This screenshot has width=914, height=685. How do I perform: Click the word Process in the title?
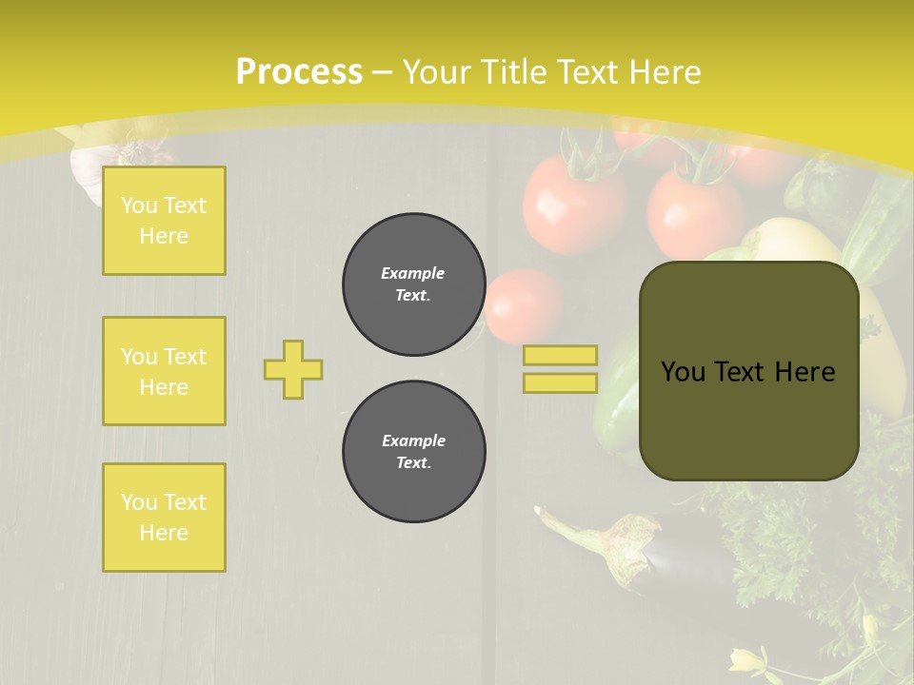299,72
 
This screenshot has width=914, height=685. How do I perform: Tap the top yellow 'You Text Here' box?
164,221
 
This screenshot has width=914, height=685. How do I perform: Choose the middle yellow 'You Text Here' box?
164,371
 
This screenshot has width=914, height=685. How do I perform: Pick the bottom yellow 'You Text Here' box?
164,518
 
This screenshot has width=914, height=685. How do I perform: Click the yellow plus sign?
293,369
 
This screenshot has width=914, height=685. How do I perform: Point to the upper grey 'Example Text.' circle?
413,284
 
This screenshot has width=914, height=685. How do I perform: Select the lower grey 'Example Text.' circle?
413,452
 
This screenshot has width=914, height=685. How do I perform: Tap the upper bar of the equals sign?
560,355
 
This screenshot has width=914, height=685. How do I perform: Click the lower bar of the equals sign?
560,382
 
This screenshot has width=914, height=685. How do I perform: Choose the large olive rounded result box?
748,419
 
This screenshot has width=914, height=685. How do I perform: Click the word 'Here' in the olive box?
805,372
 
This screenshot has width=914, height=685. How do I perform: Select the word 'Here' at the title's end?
666,72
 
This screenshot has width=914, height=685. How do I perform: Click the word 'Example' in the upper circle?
412,274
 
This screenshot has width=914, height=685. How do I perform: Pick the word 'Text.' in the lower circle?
413,463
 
